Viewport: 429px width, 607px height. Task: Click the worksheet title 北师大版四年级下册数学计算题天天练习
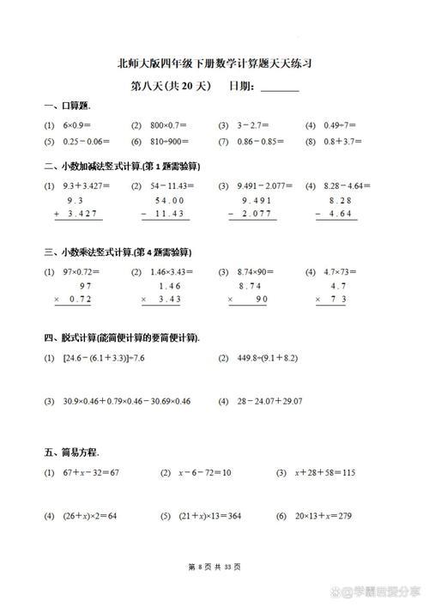[214, 64]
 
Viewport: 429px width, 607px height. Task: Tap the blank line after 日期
[280, 88]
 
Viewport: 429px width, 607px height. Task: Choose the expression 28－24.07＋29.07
[268, 401]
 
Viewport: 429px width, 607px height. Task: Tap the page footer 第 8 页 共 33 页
[214, 567]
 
